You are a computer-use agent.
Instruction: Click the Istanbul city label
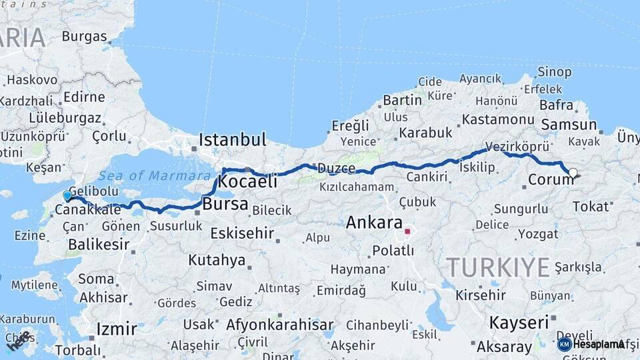(232, 140)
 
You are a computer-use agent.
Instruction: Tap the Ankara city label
(374, 223)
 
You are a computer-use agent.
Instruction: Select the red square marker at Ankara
(407, 233)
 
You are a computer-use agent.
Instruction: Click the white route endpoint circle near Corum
(573, 173)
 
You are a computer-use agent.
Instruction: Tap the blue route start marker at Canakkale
(67, 195)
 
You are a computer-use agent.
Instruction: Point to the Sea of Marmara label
(154, 176)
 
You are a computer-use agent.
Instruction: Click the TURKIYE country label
(498, 267)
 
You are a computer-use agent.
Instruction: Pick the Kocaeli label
(247, 182)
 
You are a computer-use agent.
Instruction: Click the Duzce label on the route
(337, 168)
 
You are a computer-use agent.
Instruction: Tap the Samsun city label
(569, 125)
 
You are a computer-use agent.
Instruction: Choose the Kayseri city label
(518, 323)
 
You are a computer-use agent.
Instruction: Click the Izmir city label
(117, 329)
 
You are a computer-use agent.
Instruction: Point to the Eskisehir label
(242, 233)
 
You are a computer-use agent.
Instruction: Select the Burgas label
(84, 37)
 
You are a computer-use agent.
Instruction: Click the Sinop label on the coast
(555, 71)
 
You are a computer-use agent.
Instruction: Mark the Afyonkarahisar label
(279, 325)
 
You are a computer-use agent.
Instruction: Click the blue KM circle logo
(565, 344)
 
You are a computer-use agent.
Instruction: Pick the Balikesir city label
(99, 244)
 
